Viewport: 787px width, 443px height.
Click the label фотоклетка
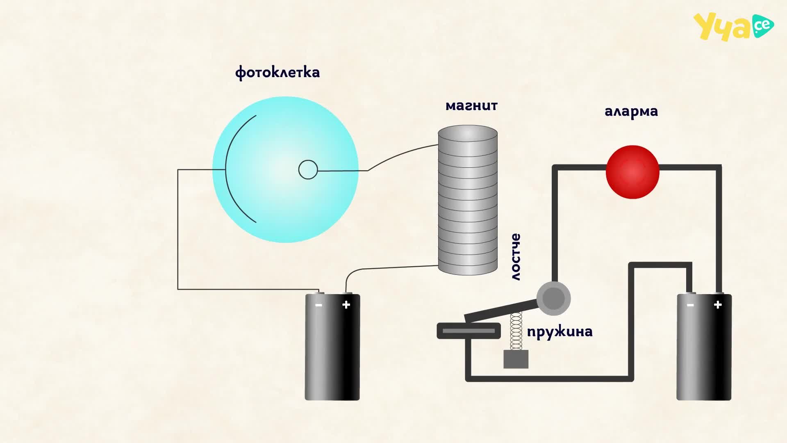pos(277,73)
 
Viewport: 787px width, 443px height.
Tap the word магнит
pos(471,106)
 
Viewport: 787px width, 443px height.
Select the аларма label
pos(631,112)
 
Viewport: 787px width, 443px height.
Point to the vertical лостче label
pos(516,257)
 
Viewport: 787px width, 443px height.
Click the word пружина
pos(560,331)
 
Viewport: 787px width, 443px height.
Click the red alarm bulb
pos(632,172)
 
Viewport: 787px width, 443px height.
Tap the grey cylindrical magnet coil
pos(468,200)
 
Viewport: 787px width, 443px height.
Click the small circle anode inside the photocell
pos(308,169)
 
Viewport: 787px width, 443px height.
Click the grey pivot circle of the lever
pos(553,298)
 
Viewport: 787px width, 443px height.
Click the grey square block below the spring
pos(516,359)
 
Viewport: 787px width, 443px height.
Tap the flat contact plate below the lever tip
pos(469,331)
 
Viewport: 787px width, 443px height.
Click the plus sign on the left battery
pos(346,305)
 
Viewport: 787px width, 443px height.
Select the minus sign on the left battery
pos(318,305)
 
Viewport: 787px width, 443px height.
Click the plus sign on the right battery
pos(718,305)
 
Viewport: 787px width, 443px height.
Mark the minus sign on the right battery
pos(690,305)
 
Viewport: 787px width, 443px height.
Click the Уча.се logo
pos(733,27)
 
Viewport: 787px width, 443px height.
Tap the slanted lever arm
pos(501,311)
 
